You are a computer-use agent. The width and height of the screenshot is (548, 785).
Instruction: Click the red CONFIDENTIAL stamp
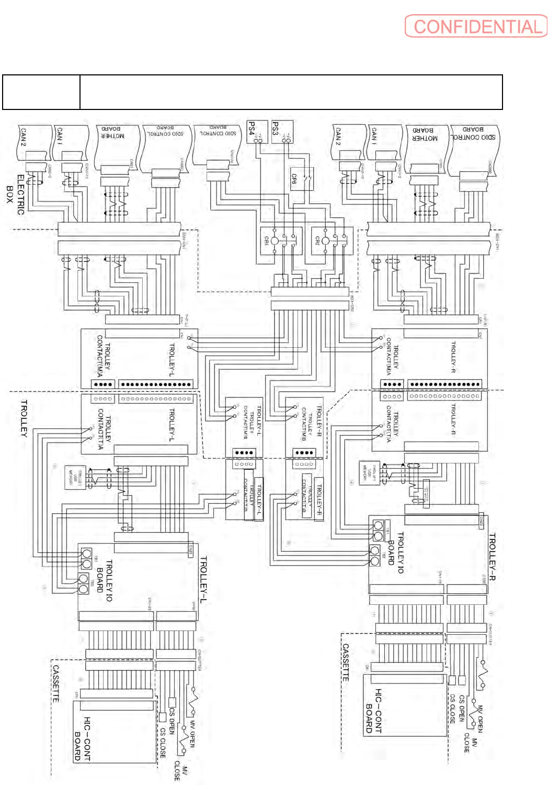coord(476,26)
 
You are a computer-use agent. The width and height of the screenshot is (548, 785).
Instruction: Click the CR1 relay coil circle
coord(275,241)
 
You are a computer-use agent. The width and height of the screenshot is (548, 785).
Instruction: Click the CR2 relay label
coord(317,241)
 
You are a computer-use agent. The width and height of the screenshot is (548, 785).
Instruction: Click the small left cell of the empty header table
coord(41,92)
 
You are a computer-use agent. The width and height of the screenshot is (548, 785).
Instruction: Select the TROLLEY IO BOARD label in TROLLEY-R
coord(396,553)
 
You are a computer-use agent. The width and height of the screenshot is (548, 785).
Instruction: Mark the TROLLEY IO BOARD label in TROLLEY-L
coord(105,580)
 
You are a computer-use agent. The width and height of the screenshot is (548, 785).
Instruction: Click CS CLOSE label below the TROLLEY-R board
coord(452,709)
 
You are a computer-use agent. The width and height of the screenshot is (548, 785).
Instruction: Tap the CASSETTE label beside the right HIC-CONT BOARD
coord(346,662)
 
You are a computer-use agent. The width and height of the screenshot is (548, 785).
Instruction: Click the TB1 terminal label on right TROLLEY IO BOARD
coord(387,531)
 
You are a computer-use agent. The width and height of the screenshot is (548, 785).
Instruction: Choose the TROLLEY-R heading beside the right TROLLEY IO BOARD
coord(492,556)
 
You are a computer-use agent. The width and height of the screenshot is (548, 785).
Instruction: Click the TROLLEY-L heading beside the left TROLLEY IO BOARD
coord(203,580)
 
